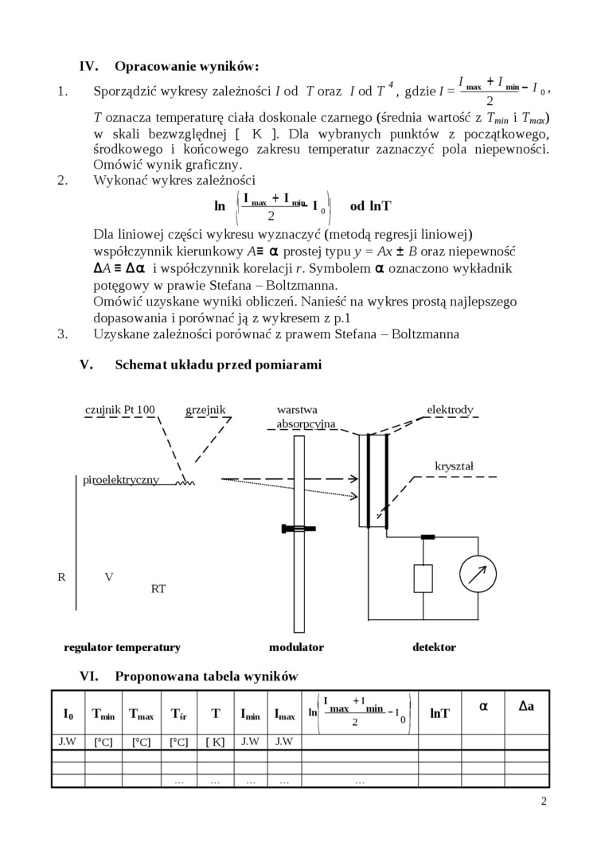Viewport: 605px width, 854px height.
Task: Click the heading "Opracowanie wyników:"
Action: click(x=187, y=66)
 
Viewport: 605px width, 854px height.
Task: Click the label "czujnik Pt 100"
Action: click(x=120, y=410)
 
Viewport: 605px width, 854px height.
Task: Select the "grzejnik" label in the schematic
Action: click(x=205, y=410)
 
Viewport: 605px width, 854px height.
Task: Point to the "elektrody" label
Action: click(x=450, y=410)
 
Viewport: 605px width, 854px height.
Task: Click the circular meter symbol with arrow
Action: click(x=478, y=573)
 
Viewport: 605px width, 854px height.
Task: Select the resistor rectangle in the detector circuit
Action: click(x=423, y=577)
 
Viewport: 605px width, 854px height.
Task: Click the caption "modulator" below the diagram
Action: click(x=296, y=647)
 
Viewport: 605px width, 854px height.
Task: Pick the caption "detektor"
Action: click(x=434, y=647)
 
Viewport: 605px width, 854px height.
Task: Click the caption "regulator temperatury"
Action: click(x=123, y=647)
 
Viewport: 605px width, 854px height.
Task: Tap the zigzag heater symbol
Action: click(x=185, y=480)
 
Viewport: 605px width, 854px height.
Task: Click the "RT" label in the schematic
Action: click(x=158, y=589)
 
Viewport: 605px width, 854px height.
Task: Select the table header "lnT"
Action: click(x=439, y=713)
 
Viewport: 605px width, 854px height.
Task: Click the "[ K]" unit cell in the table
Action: click(x=215, y=742)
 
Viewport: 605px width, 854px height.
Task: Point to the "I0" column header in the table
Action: click(x=68, y=713)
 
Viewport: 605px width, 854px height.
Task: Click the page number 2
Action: click(x=544, y=801)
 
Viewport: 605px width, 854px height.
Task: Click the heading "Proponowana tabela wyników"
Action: click(x=207, y=677)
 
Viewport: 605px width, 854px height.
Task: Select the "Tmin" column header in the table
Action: click(x=103, y=714)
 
